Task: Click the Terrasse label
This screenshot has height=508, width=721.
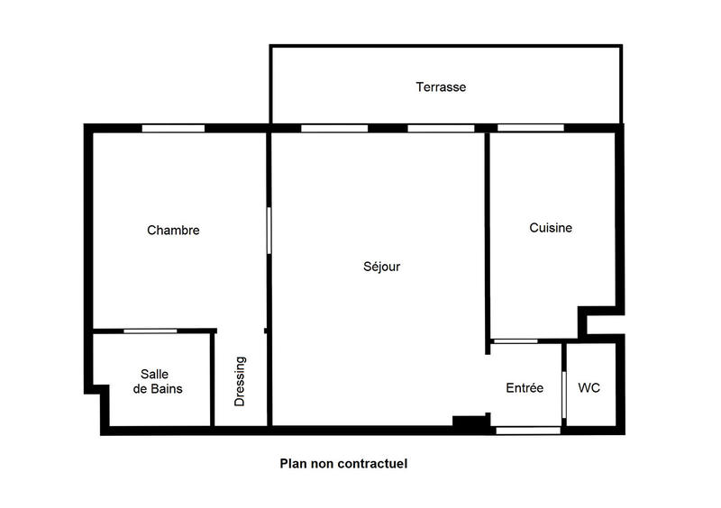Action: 441,87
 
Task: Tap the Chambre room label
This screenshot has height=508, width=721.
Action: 173,231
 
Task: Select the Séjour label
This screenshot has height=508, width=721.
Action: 381,267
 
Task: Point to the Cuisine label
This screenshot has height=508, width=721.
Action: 550,229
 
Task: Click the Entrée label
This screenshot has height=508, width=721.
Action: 525,388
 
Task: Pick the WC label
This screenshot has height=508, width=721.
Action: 589,388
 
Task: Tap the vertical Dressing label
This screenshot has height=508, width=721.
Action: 241,382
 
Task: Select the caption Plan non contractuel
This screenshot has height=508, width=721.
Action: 343,465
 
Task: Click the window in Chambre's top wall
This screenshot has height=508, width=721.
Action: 173,128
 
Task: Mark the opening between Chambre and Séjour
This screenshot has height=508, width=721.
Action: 269,231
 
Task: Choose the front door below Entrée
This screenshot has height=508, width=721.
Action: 528,431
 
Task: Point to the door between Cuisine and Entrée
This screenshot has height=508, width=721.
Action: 516,340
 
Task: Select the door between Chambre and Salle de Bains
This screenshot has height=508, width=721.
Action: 150,331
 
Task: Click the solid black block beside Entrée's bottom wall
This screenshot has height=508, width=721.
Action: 469,422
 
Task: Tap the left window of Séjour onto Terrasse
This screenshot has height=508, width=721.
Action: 334,128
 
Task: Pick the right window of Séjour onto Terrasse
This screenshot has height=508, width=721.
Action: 441,128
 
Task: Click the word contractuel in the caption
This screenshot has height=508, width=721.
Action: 374,465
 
